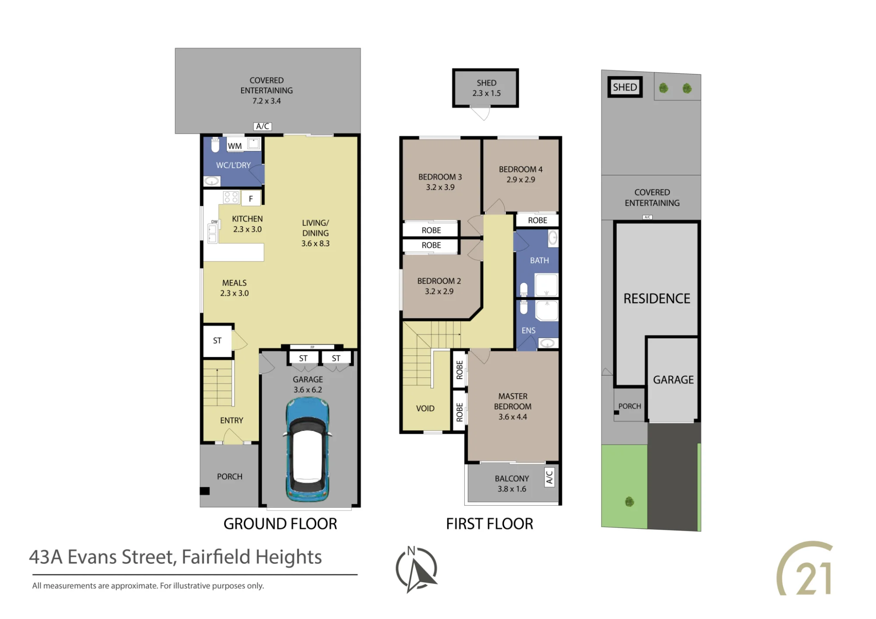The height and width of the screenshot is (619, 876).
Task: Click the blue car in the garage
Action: pos(307,450)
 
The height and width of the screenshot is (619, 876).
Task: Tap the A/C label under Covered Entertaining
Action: pos(262,127)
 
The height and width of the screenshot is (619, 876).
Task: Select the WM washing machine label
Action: pos(235,146)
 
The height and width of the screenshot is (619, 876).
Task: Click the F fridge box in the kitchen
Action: pos(251,199)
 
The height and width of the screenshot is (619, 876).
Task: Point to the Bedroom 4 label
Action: pos(521,169)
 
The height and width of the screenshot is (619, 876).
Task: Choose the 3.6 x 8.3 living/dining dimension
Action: pos(315,243)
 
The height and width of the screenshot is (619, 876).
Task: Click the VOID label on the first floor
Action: pos(425,408)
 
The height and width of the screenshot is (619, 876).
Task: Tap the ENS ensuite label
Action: pos(528,331)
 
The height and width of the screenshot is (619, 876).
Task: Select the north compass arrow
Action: pos(417,570)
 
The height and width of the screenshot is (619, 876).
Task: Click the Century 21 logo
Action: pos(805,569)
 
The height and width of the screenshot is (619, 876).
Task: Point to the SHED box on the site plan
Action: pos(625,87)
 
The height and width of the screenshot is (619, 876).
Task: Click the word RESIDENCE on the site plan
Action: pos(657,299)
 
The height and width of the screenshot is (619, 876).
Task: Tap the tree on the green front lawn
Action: pos(629,502)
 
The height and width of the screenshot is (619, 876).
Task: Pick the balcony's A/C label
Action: pos(549,477)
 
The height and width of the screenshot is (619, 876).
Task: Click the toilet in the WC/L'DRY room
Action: pos(215,145)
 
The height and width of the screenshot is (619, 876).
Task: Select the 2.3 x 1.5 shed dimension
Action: pos(486,93)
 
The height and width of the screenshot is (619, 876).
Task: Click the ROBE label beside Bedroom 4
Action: pos(537,220)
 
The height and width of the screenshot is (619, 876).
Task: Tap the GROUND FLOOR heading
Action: pos(280,524)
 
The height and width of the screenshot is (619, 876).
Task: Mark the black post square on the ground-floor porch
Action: pos(205,491)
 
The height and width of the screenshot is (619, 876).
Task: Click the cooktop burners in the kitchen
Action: pos(231,197)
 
